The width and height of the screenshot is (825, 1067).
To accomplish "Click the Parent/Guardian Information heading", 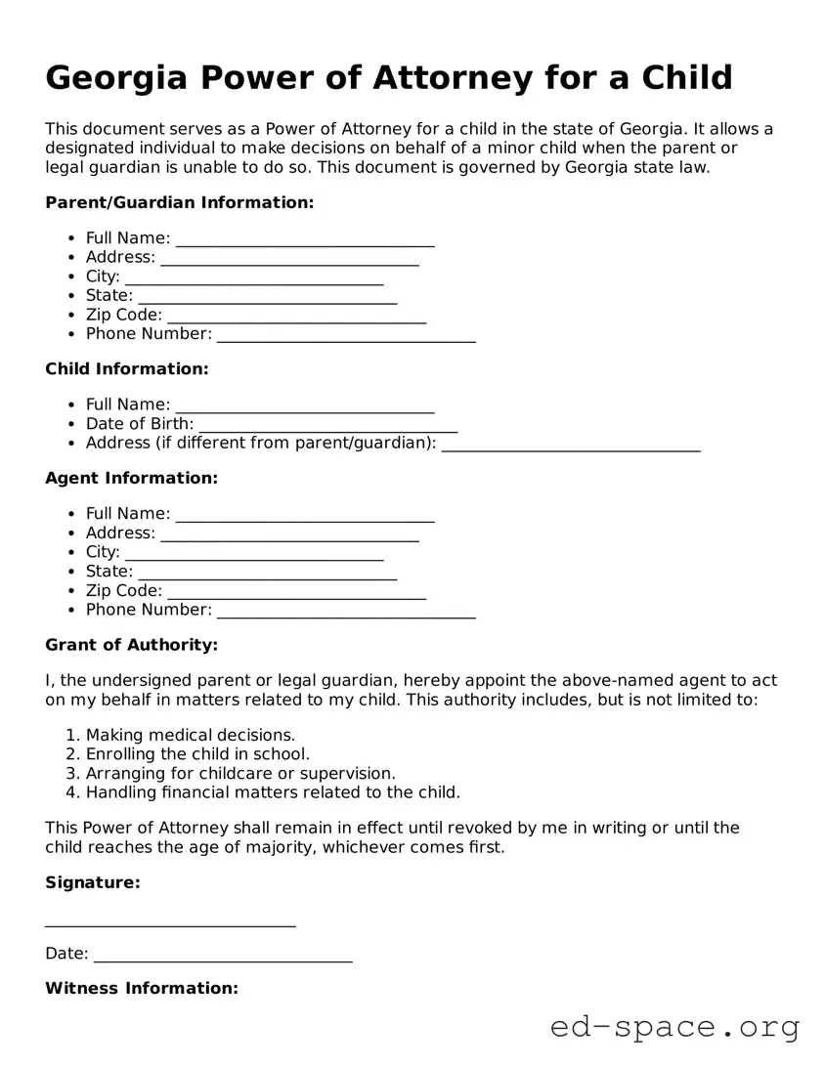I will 180,203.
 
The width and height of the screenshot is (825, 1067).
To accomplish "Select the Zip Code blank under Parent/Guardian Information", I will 297,317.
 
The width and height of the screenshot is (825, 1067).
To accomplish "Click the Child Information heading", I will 127,369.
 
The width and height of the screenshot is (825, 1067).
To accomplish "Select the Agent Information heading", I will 132,479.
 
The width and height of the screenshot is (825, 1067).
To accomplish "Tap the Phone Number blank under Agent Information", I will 346,612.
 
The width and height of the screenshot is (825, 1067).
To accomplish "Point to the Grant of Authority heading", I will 132,645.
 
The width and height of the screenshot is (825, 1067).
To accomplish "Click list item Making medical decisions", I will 191,735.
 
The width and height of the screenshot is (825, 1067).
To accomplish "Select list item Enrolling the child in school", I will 197,754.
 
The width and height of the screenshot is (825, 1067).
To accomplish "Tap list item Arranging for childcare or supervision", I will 240,773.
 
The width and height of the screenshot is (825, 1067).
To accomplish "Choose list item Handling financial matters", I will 273,792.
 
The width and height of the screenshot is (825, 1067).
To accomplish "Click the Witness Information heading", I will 142,989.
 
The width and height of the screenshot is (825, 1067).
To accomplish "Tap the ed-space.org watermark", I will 674,1028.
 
